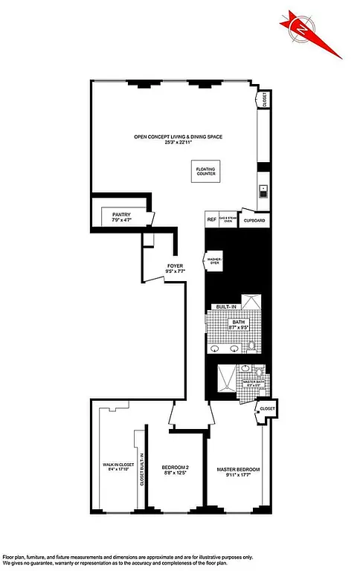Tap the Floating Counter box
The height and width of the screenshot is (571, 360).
[x=206, y=172]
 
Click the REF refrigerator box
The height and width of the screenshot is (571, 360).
[x=211, y=220]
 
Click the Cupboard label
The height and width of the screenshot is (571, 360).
[x=254, y=221]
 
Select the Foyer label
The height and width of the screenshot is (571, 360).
[x=176, y=265]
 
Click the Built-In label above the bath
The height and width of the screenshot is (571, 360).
[x=225, y=307]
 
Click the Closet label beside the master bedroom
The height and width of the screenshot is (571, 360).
[x=267, y=408]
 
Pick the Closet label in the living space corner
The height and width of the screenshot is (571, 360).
[x=265, y=101]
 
